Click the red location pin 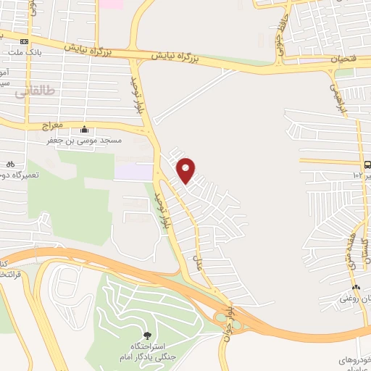tap(186, 170)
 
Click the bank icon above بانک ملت tap(25, 41)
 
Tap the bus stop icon tap(367, 164)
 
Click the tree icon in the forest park tap(148, 335)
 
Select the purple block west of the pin tap(133, 172)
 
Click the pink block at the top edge tap(111, 4)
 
